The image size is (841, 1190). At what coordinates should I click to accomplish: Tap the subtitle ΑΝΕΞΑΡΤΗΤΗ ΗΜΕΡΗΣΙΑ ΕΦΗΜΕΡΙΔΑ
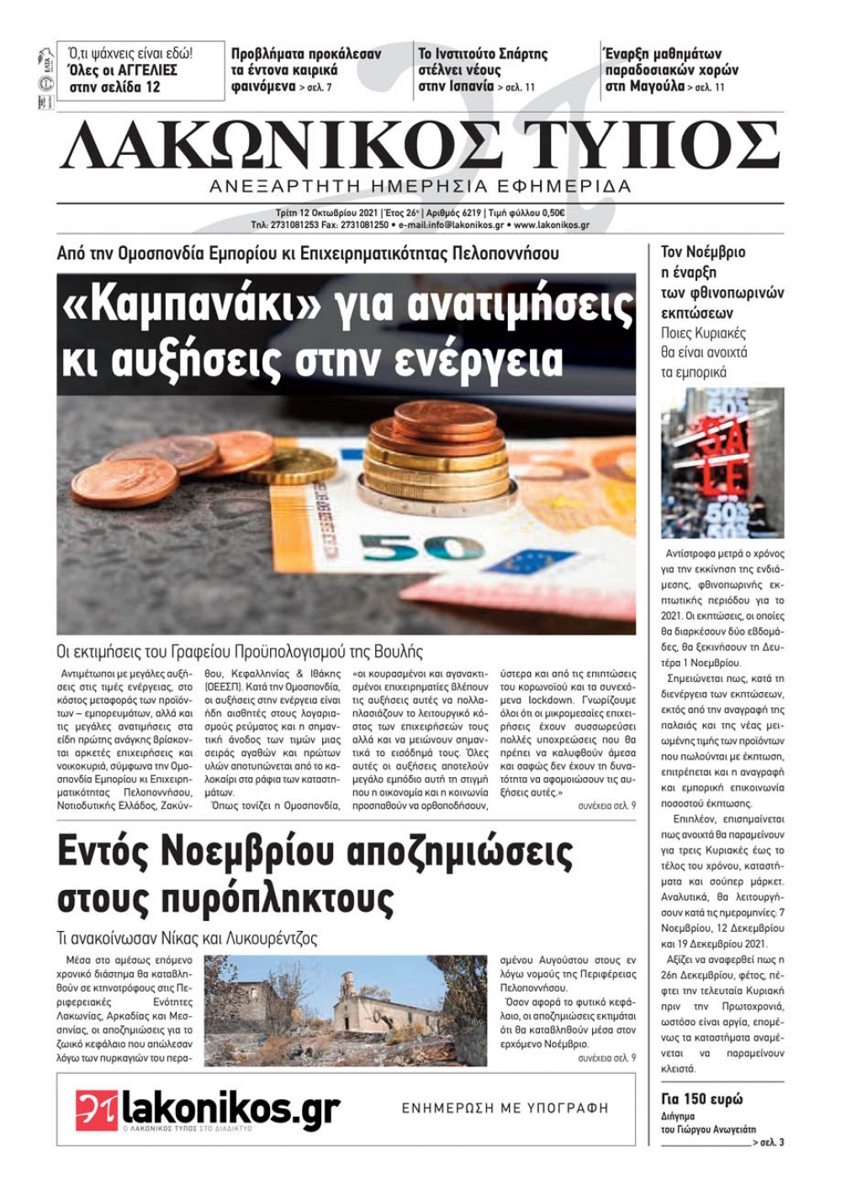coord(420,186)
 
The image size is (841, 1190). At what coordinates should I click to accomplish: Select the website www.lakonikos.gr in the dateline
coord(552,225)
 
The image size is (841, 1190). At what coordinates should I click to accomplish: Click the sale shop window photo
coord(722,463)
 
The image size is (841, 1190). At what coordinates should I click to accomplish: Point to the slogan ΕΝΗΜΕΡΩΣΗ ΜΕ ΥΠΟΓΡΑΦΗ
coord(505,1108)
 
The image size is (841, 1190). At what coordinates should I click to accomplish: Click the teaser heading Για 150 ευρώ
coord(701,1099)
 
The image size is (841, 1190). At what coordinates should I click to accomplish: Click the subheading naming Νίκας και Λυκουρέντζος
coord(188,938)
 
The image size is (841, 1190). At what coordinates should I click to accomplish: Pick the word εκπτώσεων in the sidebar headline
coord(697,313)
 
